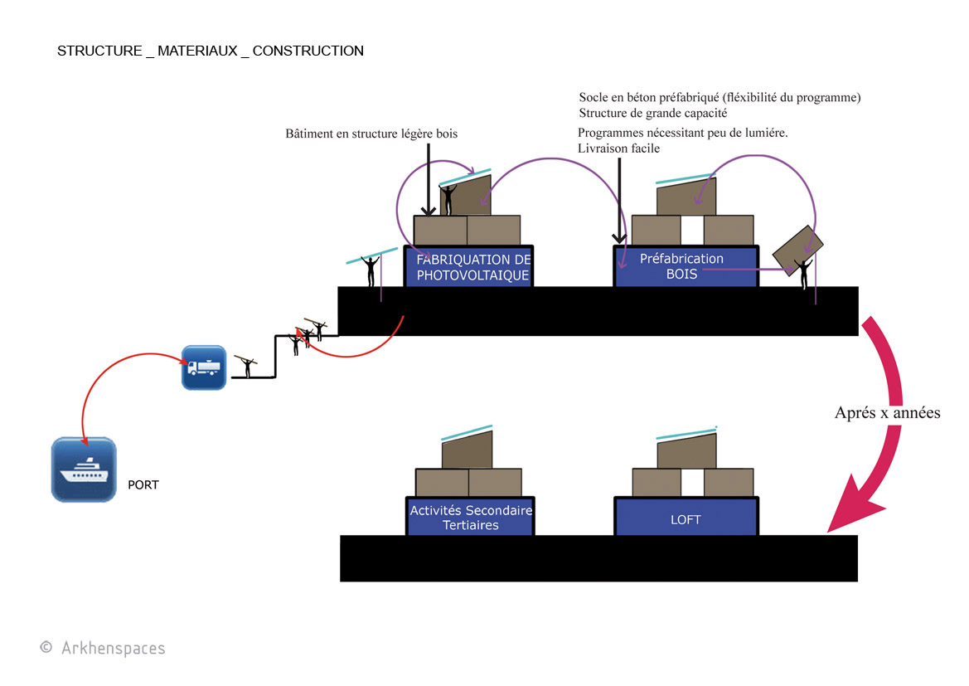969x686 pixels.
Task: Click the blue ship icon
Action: (x=84, y=469)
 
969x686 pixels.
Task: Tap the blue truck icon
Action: (x=204, y=367)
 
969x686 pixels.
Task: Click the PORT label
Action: (x=143, y=485)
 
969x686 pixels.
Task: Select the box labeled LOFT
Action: (x=686, y=517)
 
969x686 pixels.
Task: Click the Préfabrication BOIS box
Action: (x=686, y=266)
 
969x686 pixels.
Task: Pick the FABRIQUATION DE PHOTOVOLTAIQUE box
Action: (x=468, y=266)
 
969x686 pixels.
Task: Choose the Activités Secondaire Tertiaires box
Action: (x=470, y=517)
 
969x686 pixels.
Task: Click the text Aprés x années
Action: (x=888, y=412)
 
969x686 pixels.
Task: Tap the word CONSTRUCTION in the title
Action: (x=308, y=51)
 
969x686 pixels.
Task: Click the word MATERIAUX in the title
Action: (x=197, y=51)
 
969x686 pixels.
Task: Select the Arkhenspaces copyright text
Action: (x=103, y=648)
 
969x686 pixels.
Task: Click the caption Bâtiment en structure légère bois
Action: (x=371, y=134)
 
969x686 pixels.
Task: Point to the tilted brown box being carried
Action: (x=797, y=250)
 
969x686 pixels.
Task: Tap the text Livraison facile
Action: (x=618, y=148)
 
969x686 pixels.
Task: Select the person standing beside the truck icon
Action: (x=246, y=366)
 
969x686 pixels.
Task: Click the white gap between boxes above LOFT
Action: (x=692, y=482)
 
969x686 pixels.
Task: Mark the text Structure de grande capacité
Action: (x=652, y=113)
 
